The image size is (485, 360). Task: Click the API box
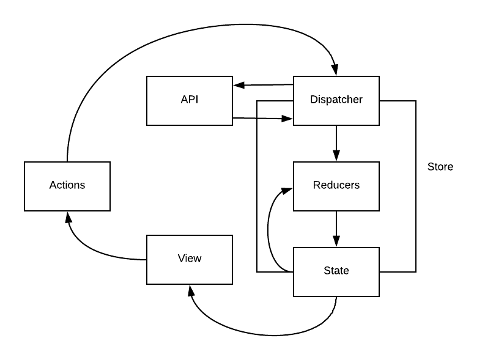coord(190,100)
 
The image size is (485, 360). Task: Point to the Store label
coord(440,167)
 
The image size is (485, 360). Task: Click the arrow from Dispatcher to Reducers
coord(336,143)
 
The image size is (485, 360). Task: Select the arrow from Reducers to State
coord(336,229)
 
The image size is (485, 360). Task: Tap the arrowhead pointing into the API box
coord(238,85)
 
